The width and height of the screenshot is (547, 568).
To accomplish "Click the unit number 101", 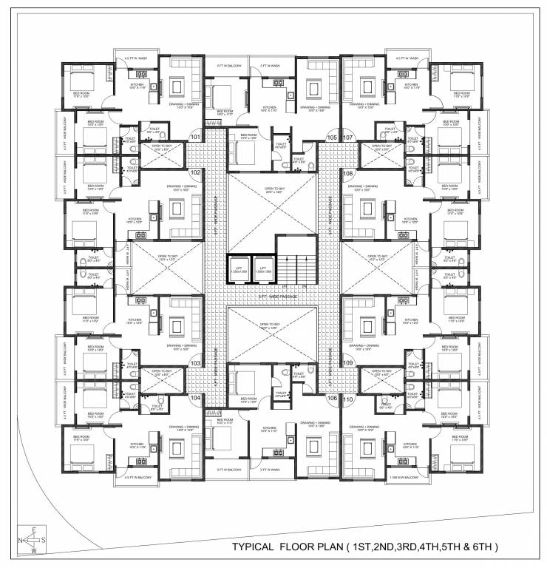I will coord(196,138).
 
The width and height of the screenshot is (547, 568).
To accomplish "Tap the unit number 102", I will coord(196,172).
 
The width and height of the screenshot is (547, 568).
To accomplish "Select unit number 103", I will coord(196,363).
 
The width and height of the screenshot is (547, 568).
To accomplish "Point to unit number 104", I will coord(196,398).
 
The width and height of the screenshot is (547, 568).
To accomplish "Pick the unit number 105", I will coord(331,138).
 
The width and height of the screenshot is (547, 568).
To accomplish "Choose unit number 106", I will coord(331,398).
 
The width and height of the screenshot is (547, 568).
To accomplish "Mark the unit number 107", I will coord(348,138).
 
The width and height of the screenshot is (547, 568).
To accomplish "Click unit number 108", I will coord(348,172).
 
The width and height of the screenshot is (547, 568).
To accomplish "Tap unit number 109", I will coord(348,363).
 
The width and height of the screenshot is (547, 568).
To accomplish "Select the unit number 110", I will coord(348,398).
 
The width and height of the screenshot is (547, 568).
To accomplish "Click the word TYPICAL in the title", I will coord(259,548).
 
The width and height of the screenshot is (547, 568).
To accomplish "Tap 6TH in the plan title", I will coord(483,548).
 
